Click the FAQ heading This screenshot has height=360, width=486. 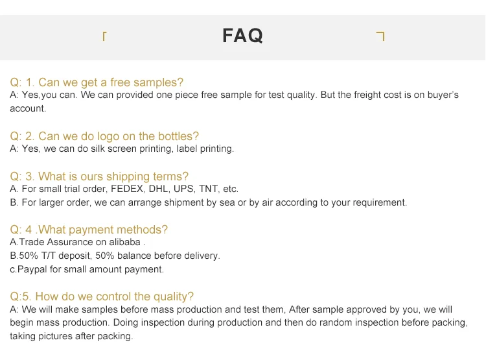click(x=243, y=36)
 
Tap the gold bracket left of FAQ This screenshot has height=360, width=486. click(x=104, y=36)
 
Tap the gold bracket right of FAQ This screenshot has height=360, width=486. click(x=381, y=36)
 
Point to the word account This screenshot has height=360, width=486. click(x=28, y=108)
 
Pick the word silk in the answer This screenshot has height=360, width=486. click(x=98, y=149)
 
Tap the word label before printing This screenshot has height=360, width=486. click(x=187, y=149)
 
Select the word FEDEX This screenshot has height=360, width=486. click(x=128, y=189)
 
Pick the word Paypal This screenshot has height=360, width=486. click(x=32, y=269)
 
